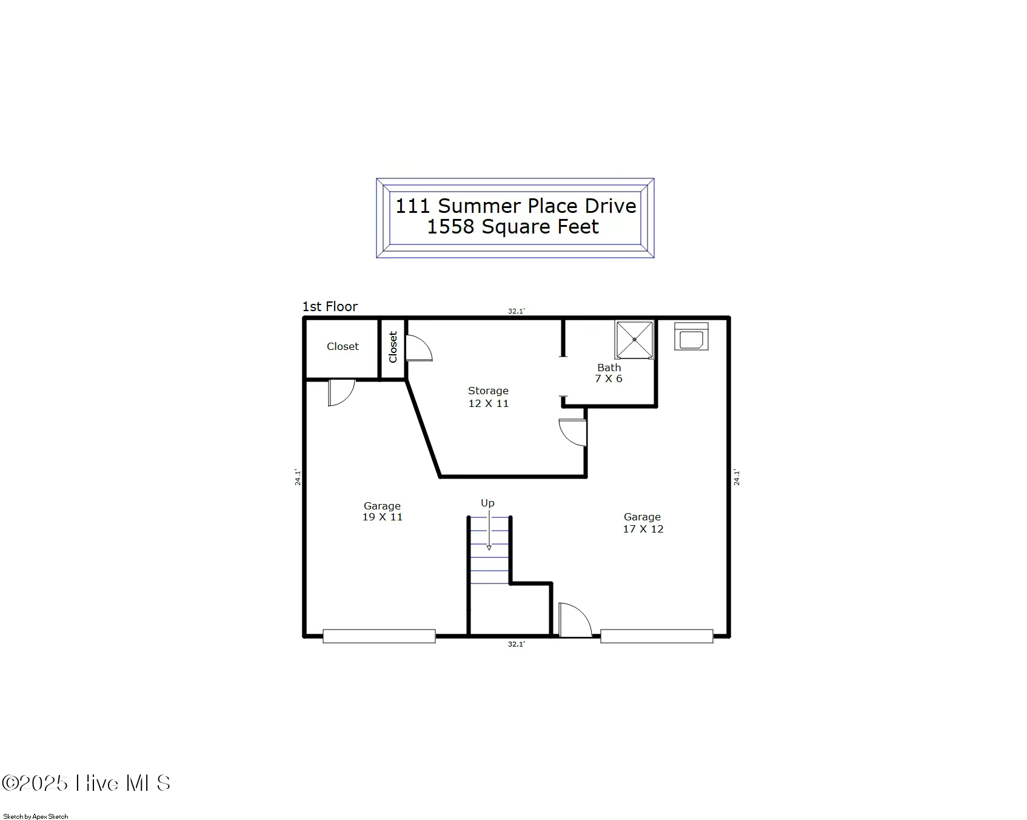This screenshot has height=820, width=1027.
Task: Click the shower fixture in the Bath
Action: (634, 340)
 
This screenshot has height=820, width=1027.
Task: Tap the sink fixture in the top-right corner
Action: (691, 337)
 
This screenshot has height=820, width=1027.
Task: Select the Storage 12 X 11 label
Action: (488, 397)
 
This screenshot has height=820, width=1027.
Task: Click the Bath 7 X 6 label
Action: (609, 373)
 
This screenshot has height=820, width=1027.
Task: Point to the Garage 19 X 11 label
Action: (382, 511)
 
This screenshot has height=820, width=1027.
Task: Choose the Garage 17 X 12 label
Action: (643, 523)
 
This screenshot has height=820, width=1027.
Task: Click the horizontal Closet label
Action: (343, 346)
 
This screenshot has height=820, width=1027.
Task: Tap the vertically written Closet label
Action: (393, 347)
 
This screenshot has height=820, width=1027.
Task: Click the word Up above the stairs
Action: (487, 503)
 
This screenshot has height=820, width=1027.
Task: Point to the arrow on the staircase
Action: (489, 530)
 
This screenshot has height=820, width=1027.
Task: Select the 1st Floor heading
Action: (330, 306)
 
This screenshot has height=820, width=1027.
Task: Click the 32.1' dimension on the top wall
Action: (516, 311)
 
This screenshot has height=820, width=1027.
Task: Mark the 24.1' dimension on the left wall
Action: (298, 477)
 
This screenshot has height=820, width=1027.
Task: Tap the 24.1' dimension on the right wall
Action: (737, 477)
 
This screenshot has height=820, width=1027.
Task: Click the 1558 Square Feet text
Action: (513, 227)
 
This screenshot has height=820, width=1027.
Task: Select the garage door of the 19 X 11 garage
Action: (379, 636)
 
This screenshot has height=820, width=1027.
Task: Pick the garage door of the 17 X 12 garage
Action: (657, 636)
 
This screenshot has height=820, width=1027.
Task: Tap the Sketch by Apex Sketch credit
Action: (36, 816)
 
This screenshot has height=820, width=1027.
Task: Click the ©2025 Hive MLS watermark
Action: (86, 783)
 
